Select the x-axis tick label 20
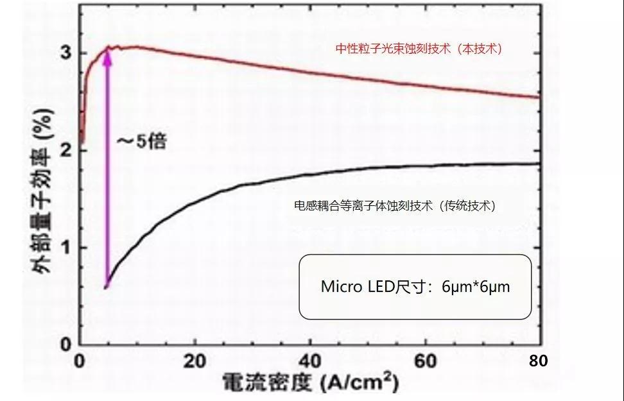click(x=195, y=361)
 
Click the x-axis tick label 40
click(x=310, y=361)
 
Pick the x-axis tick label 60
click(x=425, y=361)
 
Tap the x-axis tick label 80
click(x=539, y=361)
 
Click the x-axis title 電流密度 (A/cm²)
click(x=310, y=383)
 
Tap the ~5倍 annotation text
click(x=141, y=141)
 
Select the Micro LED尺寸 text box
click(x=415, y=287)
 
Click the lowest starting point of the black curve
click(x=106, y=287)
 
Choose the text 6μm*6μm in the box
click(x=476, y=287)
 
